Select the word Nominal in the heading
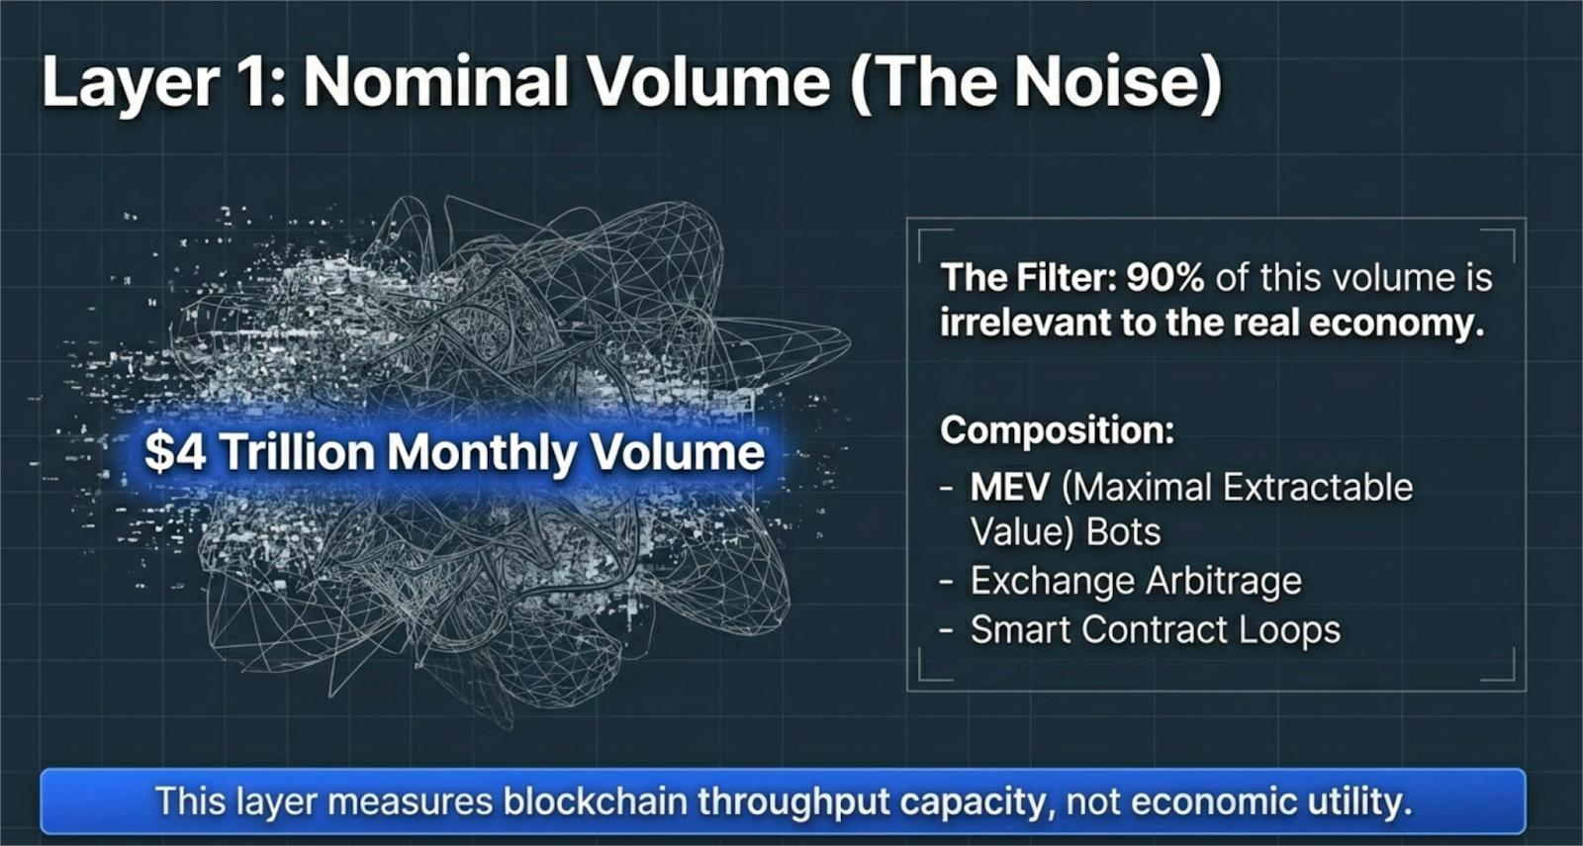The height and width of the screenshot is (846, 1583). pos(435,82)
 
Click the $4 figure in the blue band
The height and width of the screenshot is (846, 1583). pos(175,451)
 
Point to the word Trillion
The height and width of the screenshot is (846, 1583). pos(297,451)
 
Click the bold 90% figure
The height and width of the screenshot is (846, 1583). pos(1165,278)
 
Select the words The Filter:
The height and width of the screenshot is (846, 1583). pos(1028,278)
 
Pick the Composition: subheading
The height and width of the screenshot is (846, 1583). pos(1058,430)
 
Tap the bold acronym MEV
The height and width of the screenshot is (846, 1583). pos(1010,487)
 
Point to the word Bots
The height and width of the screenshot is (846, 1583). pos(1124,532)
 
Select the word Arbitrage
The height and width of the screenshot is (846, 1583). pos(1223,582)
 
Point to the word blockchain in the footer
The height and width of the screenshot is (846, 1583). pos(595,801)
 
